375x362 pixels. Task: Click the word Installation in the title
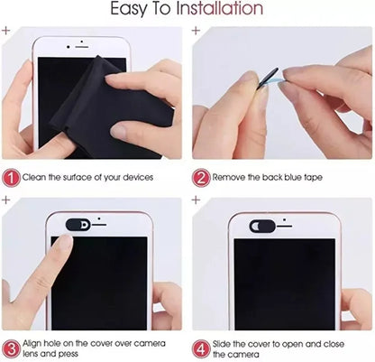225,11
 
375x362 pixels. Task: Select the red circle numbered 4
199,349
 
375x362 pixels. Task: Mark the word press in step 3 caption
65,356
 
